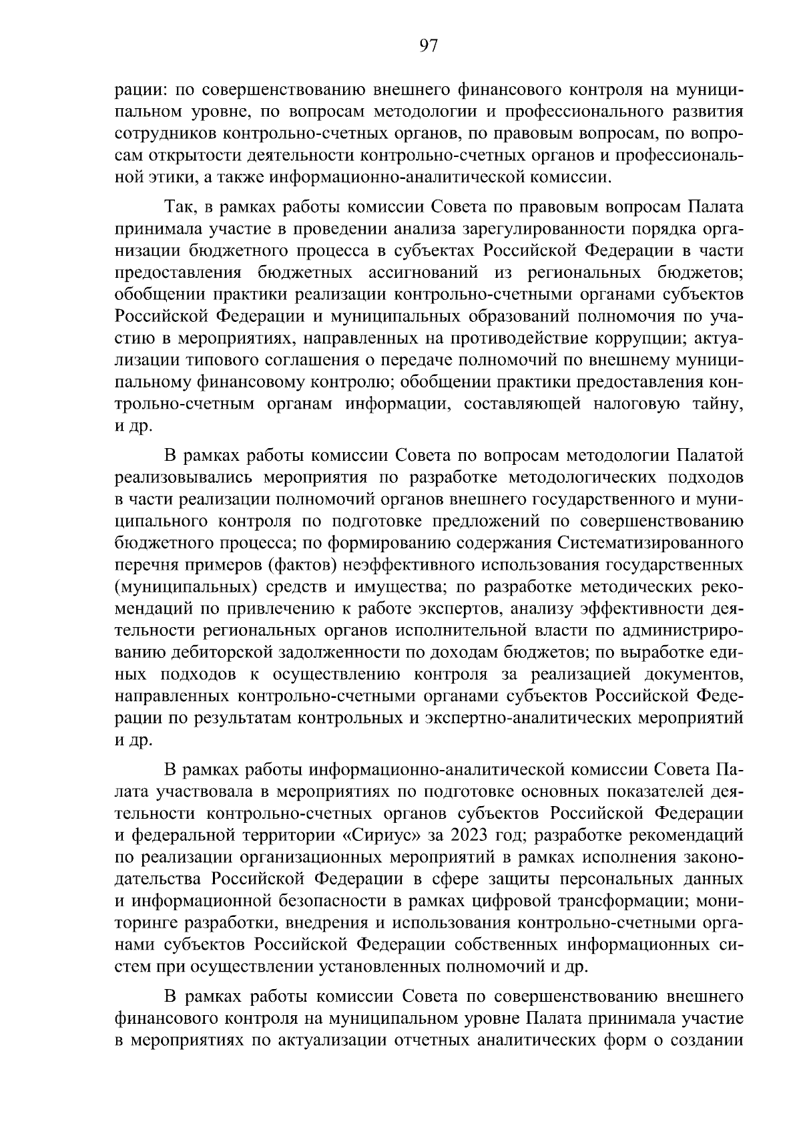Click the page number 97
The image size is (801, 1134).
click(x=427, y=45)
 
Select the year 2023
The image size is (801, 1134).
click(x=470, y=835)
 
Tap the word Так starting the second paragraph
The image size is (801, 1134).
click(x=180, y=207)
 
